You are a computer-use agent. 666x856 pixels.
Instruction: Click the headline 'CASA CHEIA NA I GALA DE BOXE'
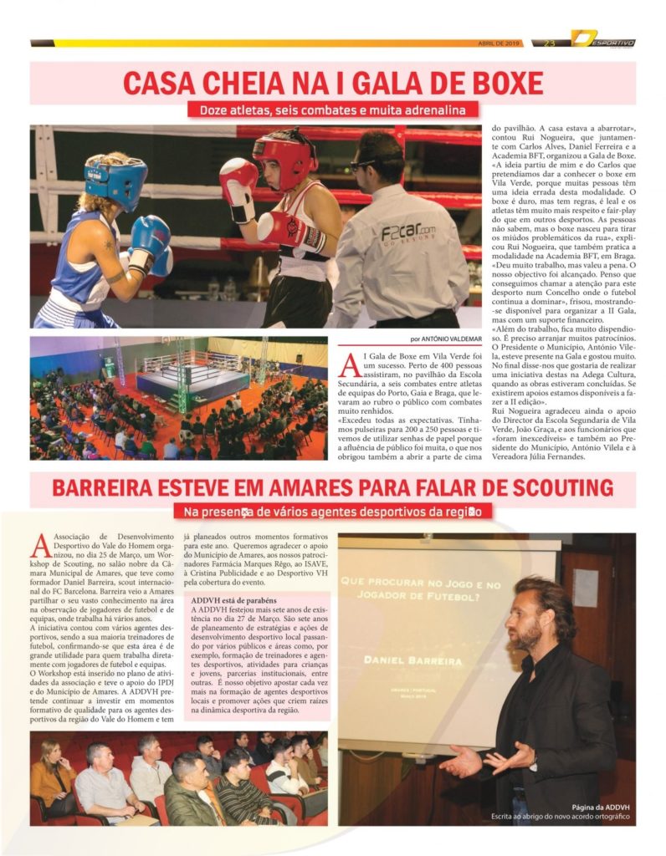332,83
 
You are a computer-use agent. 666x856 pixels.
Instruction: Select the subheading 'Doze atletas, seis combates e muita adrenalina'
332,110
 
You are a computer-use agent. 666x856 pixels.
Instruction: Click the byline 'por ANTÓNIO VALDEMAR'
447,339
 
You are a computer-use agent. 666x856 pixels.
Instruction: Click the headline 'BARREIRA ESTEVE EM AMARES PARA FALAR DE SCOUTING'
332,488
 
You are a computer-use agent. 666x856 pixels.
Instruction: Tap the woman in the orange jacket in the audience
51,782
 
